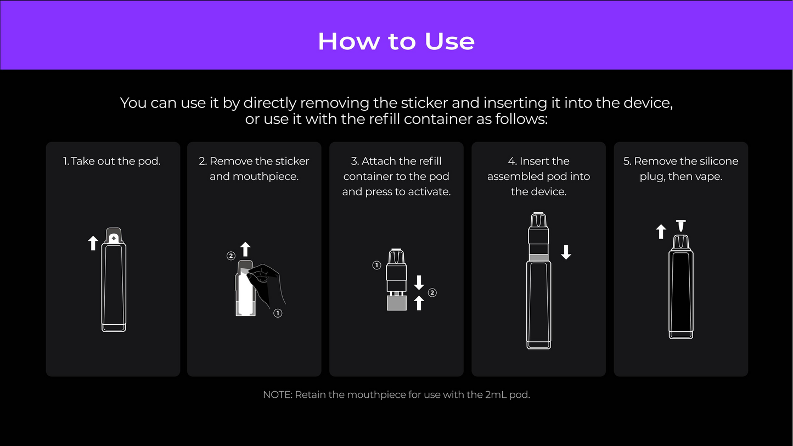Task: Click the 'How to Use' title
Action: click(396, 41)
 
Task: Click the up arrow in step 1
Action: click(93, 243)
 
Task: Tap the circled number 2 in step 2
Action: click(231, 256)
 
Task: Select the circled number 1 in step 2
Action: click(278, 313)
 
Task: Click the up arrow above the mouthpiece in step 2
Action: click(245, 249)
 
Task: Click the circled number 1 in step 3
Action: click(376, 265)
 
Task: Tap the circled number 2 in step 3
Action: click(432, 293)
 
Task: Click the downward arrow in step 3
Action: click(419, 283)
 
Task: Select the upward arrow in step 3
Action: click(419, 303)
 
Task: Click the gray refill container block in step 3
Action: click(396, 303)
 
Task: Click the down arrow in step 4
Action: click(566, 252)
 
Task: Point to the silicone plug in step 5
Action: click(681, 226)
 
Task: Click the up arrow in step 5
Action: click(661, 232)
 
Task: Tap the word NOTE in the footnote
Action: click(278, 394)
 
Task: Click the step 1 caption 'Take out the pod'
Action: click(115, 161)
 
